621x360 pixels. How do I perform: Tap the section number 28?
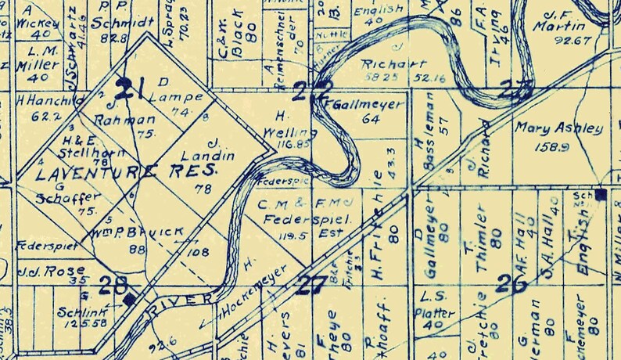(x=113, y=285)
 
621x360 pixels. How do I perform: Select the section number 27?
(x=310, y=284)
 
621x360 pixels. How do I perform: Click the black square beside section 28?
(x=129, y=298)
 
